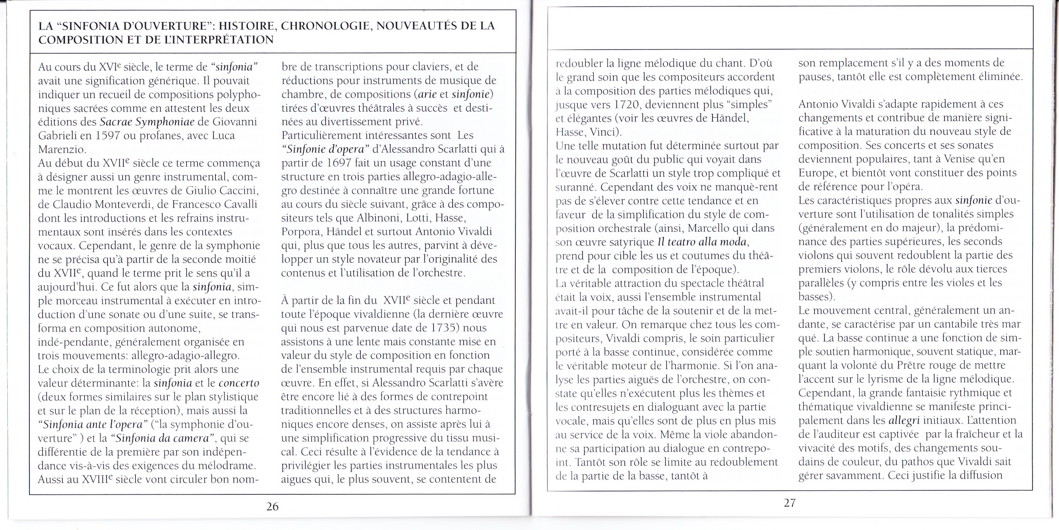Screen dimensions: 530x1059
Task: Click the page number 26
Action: pos(272,506)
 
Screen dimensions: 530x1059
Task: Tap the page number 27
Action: pos(789,502)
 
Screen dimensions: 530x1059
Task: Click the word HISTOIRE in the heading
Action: pos(247,26)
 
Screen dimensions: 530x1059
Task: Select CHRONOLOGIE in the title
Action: pos(326,26)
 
